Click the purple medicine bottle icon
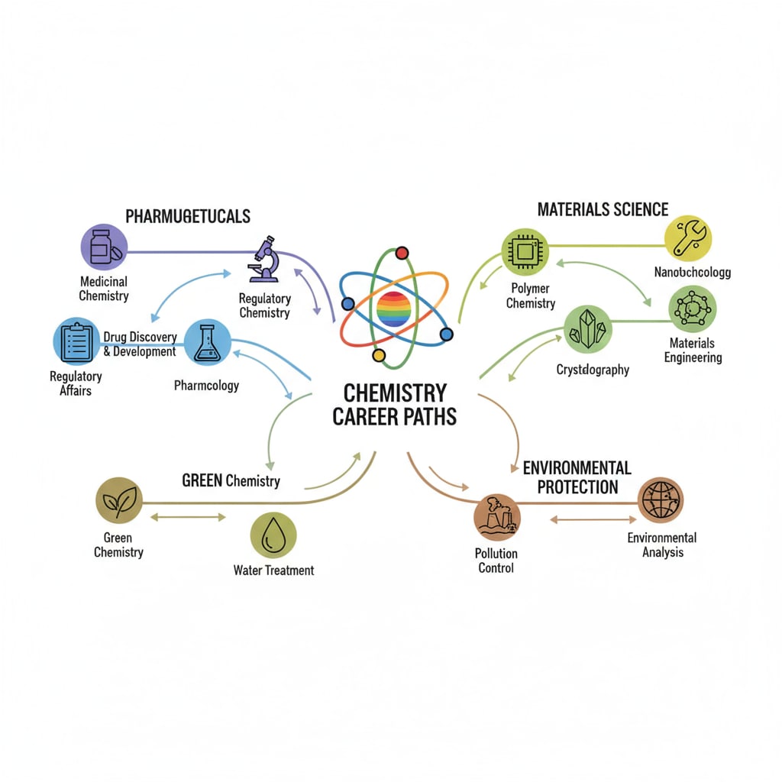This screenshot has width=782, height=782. coord(103,247)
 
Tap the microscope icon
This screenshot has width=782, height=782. coord(263,260)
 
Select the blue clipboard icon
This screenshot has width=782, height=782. coord(76,341)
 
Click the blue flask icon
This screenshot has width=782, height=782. coord(207,341)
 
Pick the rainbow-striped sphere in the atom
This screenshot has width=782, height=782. coord(394,309)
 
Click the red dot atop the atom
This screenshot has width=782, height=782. coord(402,253)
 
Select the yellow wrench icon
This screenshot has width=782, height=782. coord(688,238)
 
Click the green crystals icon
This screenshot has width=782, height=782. coord(588,329)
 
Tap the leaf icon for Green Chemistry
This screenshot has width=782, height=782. coord(119,500)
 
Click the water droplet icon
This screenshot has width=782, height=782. coord(273,535)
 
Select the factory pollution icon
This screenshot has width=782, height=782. coord(496,516)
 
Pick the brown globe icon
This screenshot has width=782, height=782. coord(661,500)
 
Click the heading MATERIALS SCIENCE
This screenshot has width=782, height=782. coord(603,210)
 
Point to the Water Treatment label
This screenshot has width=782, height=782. coord(273,570)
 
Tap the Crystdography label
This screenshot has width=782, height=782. coord(593,370)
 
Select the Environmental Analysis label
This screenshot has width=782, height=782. coord(662,544)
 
